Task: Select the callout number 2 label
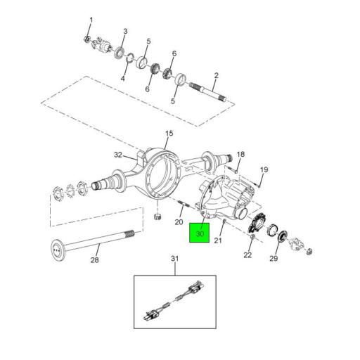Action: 216,75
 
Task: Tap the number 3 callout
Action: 125,32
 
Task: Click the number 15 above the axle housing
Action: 169,133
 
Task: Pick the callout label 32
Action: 119,155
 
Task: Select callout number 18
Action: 240,154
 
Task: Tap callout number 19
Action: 264,170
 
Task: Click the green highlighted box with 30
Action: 200,232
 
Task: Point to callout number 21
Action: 218,240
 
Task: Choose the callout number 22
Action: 247,255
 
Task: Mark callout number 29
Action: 274,259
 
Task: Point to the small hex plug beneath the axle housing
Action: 159,214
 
